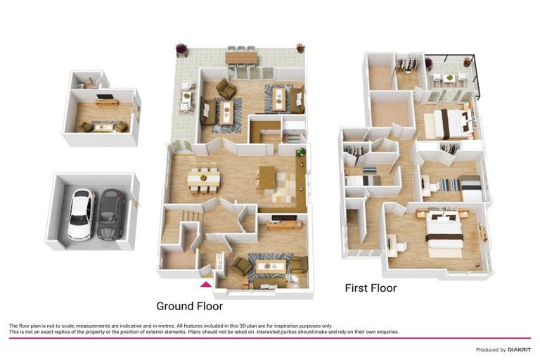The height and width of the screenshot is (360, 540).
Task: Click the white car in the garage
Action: (x=82, y=214)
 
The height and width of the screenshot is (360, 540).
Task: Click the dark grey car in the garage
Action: (x=111, y=214)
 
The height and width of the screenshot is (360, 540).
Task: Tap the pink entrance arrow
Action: (x=206, y=284)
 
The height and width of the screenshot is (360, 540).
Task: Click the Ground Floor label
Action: (x=189, y=306)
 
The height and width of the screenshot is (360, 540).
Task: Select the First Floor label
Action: (x=371, y=288)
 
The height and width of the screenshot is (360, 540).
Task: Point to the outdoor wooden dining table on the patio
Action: (x=241, y=58)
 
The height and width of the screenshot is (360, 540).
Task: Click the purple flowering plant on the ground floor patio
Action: (x=181, y=49)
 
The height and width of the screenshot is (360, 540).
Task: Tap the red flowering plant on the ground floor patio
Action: (x=300, y=48)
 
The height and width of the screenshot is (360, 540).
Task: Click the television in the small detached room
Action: (x=104, y=97)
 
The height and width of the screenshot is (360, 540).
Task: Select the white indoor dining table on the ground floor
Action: (x=203, y=179)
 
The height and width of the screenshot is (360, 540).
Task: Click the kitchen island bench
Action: (x=267, y=177)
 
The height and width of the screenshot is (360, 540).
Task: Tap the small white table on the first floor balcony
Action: (x=449, y=79)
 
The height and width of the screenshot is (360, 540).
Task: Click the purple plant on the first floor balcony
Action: (x=428, y=63)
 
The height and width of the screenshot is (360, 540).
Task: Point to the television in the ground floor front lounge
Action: (x=284, y=218)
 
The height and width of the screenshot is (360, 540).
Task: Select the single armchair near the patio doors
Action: (x=226, y=89)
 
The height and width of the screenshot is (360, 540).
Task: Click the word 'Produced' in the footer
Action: (x=488, y=350)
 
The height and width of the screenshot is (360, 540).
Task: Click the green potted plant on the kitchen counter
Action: (x=301, y=152)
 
